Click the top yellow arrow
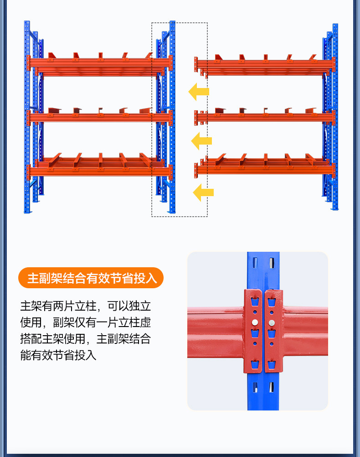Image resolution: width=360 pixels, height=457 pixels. pyautogui.click(x=199, y=92)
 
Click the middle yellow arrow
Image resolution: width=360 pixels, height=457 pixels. pyautogui.click(x=201, y=141)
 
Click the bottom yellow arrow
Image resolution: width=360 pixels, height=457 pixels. pyautogui.click(x=203, y=192)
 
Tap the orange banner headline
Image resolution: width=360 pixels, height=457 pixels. pyautogui.click(x=92, y=278)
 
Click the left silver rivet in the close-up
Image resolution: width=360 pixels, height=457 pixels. pyautogui.click(x=255, y=322)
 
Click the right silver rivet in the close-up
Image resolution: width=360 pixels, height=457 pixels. pyautogui.click(x=272, y=322)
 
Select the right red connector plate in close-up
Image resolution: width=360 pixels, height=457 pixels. pyautogui.click(x=273, y=331)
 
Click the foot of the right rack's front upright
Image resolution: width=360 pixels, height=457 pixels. pyautogui.click(x=335, y=208)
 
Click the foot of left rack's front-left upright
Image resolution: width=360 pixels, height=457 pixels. pyautogui.click(x=28, y=212)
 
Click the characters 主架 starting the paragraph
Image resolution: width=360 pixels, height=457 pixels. pyautogui.click(x=31, y=306)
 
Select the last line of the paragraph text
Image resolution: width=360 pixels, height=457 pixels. pyautogui.click(x=58, y=355)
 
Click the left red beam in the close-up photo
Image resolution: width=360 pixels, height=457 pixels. pyautogui.click(x=216, y=332)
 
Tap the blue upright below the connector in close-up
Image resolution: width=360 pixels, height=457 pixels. pyautogui.click(x=263, y=391)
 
